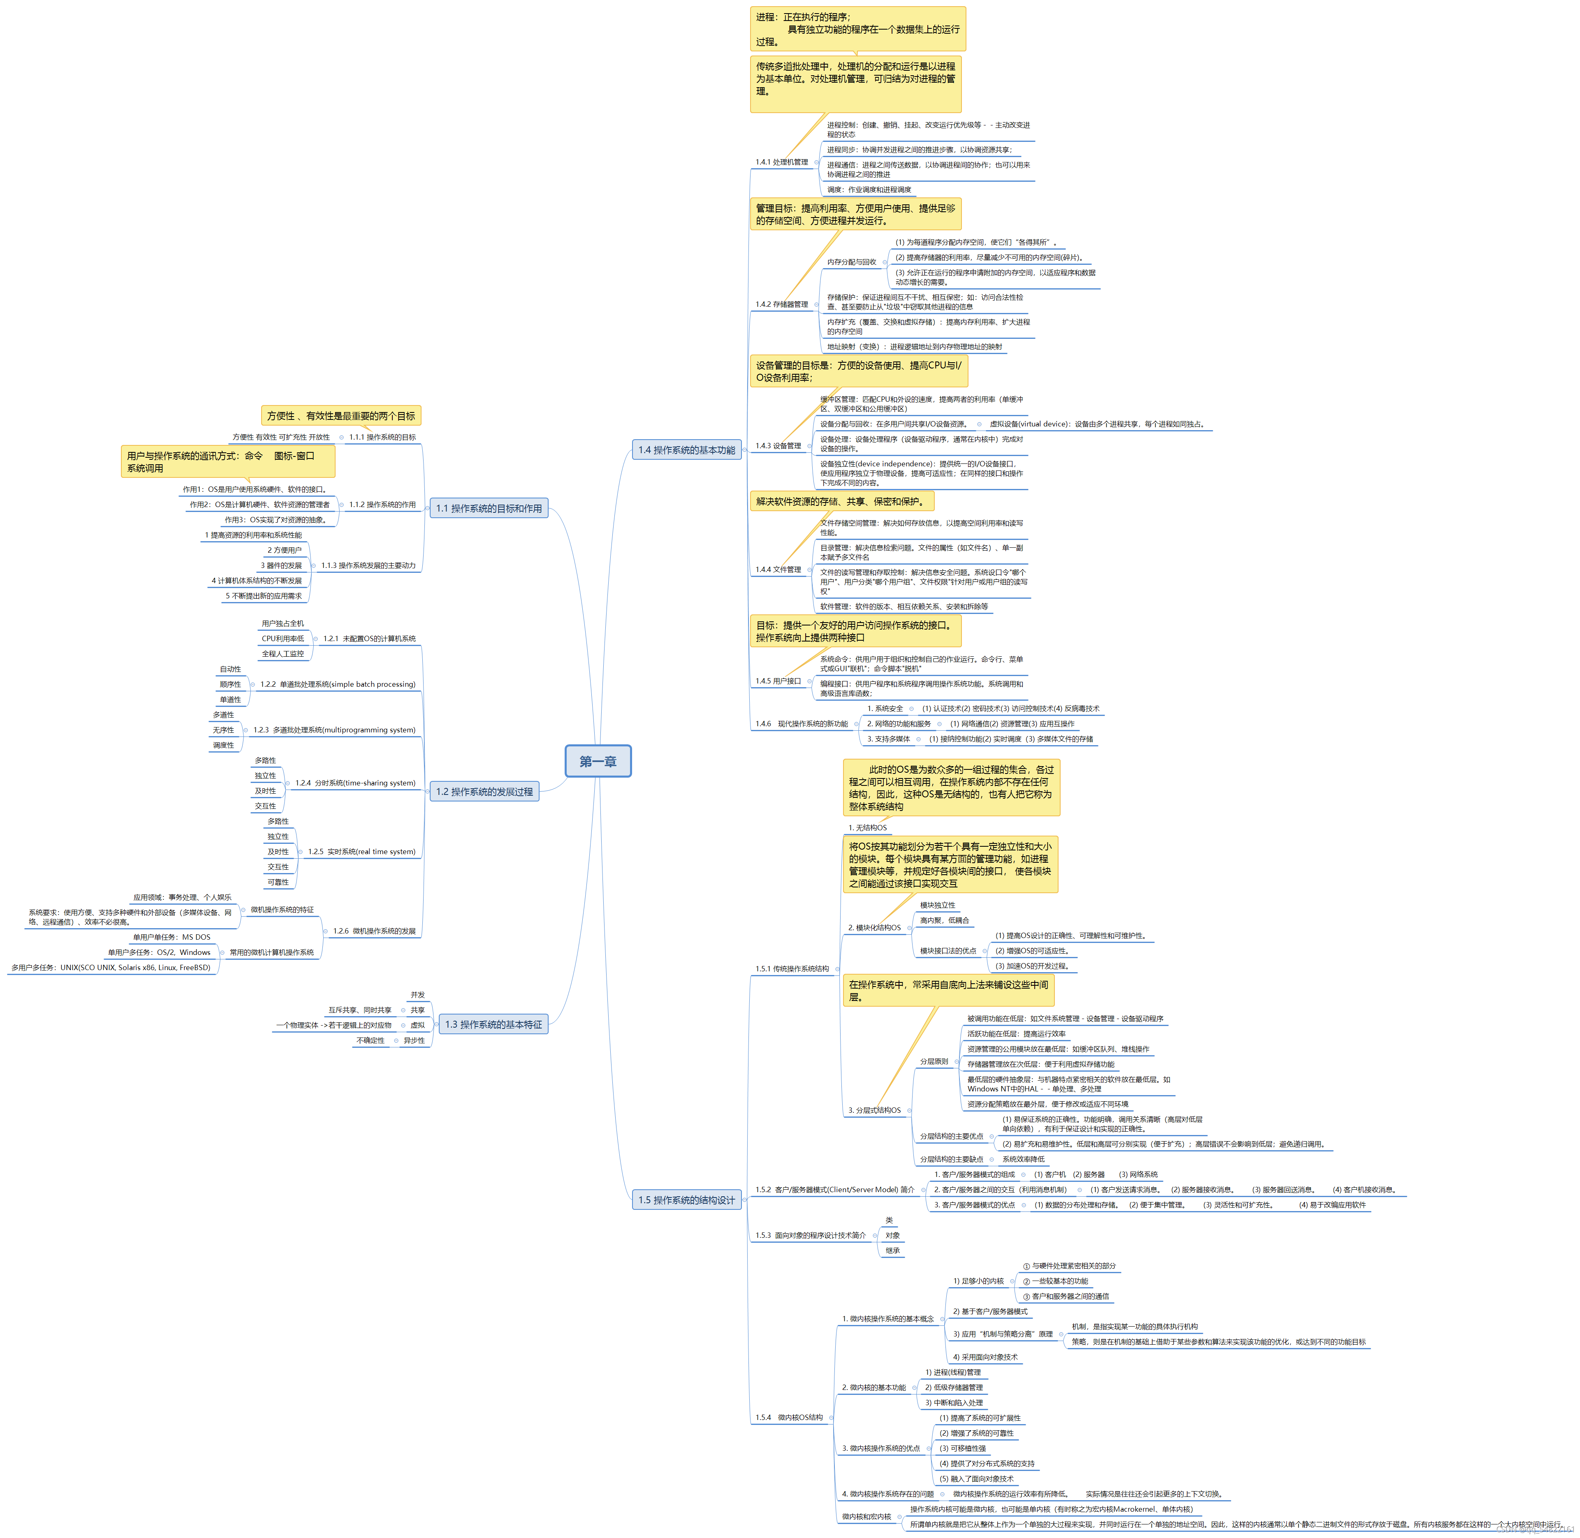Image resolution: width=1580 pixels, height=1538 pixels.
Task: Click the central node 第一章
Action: pyautogui.click(x=598, y=761)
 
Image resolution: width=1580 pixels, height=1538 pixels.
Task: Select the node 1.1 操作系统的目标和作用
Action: pyautogui.click(x=489, y=508)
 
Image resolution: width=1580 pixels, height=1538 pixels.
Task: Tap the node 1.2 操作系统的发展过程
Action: pyautogui.click(x=485, y=792)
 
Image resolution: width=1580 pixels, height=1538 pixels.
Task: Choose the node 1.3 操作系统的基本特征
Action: pyautogui.click(x=493, y=1024)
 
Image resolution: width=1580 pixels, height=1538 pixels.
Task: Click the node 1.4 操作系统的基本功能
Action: pyautogui.click(x=687, y=450)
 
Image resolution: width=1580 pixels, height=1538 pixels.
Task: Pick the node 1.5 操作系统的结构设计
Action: pyautogui.click(x=687, y=1200)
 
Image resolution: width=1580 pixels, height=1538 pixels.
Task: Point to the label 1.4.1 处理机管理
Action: pyautogui.click(x=781, y=162)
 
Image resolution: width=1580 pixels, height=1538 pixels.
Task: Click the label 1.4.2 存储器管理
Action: pyautogui.click(x=781, y=305)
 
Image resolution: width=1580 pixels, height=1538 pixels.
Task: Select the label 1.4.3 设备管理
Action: pyautogui.click(x=778, y=446)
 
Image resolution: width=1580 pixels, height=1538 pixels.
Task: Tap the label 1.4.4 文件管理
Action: pyautogui.click(x=778, y=570)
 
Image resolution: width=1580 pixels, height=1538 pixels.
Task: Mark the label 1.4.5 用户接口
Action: pyautogui.click(x=778, y=681)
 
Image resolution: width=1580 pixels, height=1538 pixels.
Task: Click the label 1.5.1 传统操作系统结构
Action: pyautogui.click(x=792, y=968)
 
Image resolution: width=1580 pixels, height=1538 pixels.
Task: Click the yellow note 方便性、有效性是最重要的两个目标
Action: pyautogui.click(x=341, y=416)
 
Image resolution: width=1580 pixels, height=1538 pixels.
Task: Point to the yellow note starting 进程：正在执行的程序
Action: pyautogui.click(x=857, y=29)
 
